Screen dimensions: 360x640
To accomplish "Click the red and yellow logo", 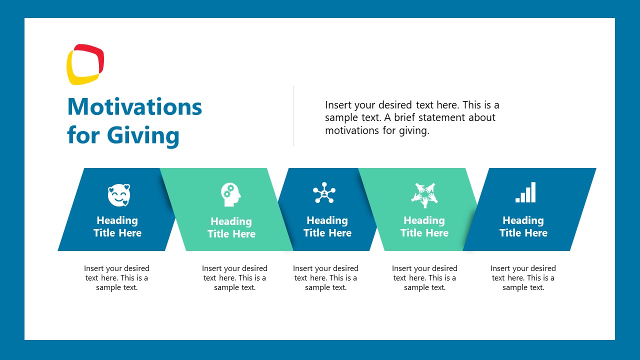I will (x=85, y=64).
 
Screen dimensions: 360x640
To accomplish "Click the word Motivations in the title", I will (x=134, y=106).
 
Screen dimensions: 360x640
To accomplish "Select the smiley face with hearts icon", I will (x=118, y=195).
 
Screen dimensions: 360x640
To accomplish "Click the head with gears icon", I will (x=230, y=194).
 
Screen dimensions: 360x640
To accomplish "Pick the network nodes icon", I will (x=324, y=192).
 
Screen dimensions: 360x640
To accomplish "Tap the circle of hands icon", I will (x=424, y=194).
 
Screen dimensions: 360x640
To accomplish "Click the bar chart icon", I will (x=525, y=192).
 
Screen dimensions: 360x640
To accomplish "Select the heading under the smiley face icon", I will (x=117, y=226).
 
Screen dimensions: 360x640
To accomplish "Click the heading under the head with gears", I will (x=231, y=227).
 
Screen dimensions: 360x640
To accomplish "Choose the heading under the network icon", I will (x=327, y=226).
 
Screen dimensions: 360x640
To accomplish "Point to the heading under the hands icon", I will (x=424, y=226).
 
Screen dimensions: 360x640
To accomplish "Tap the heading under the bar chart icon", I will (x=523, y=226).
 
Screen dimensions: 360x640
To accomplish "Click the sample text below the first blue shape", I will (x=116, y=278).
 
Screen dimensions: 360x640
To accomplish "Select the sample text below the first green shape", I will (x=234, y=278).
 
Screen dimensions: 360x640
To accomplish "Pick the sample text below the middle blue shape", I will (x=325, y=278).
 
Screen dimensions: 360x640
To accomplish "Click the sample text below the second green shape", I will (x=424, y=278).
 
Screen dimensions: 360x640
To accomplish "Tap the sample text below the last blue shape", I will (x=523, y=278).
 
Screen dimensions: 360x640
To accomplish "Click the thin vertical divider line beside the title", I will (x=293, y=116).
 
